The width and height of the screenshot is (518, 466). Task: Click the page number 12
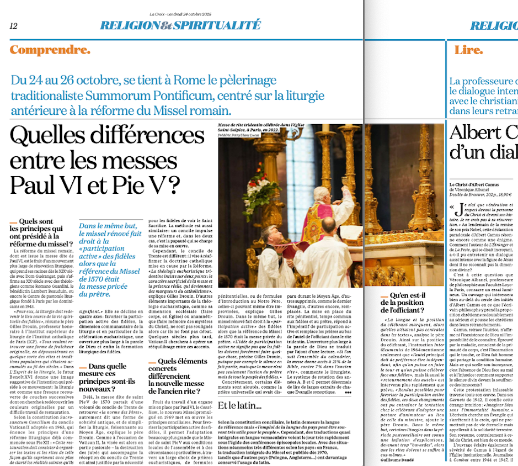click(x=13, y=26)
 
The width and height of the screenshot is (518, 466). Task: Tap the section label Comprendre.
click(x=50, y=50)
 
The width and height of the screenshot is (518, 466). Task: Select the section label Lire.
click(x=468, y=50)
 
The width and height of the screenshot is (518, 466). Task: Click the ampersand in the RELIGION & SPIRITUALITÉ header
click(x=166, y=25)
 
